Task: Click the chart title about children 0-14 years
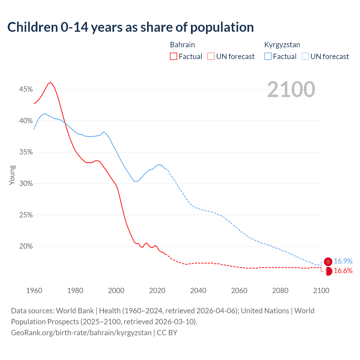click(x=130, y=27)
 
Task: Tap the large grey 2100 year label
click(x=291, y=89)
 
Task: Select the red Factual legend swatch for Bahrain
click(x=174, y=57)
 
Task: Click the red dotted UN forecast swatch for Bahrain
click(x=211, y=57)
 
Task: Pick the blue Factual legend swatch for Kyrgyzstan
click(x=268, y=57)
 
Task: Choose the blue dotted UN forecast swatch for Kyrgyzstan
click(x=305, y=57)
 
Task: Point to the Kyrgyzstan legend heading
click(x=282, y=45)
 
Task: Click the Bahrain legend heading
click(x=183, y=45)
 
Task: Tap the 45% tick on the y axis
click(x=26, y=89)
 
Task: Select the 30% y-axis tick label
click(x=26, y=184)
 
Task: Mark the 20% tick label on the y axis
click(x=26, y=246)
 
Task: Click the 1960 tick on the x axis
click(x=34, y=291)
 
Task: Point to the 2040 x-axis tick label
click(x=198, y=291)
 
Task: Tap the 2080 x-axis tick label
click(x=280, y=291)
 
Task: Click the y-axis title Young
click(x=12, y=175)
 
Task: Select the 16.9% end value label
click(x=343, y=261)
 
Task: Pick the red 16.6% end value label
click(x=343, y=271)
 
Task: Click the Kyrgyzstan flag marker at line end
click(x=328, y=262)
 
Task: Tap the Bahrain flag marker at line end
click(x=328, y=271)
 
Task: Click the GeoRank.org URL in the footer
click(x=81, y=333)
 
